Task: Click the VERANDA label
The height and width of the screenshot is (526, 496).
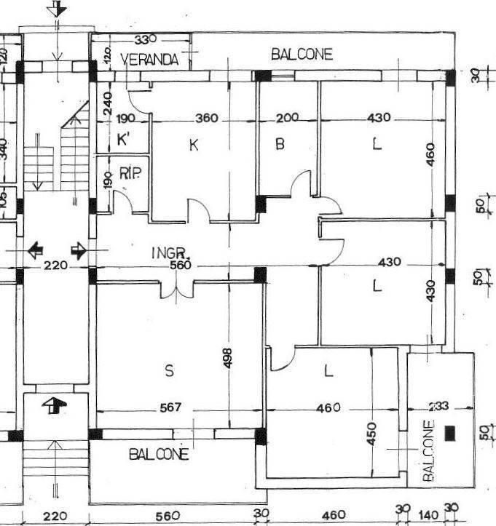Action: coord(149,60)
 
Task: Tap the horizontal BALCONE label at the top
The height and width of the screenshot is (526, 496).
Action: coord(302,54)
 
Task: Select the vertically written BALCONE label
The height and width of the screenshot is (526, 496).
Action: coord(428,450)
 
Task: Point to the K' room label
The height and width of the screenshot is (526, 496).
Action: coord(122,140)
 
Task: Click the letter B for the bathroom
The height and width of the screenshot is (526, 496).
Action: coord(279,145)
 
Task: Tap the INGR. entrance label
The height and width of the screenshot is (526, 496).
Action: coord(170,253)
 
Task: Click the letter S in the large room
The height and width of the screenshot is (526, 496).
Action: coord(169,371)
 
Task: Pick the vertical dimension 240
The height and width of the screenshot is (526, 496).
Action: coord(107,103)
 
